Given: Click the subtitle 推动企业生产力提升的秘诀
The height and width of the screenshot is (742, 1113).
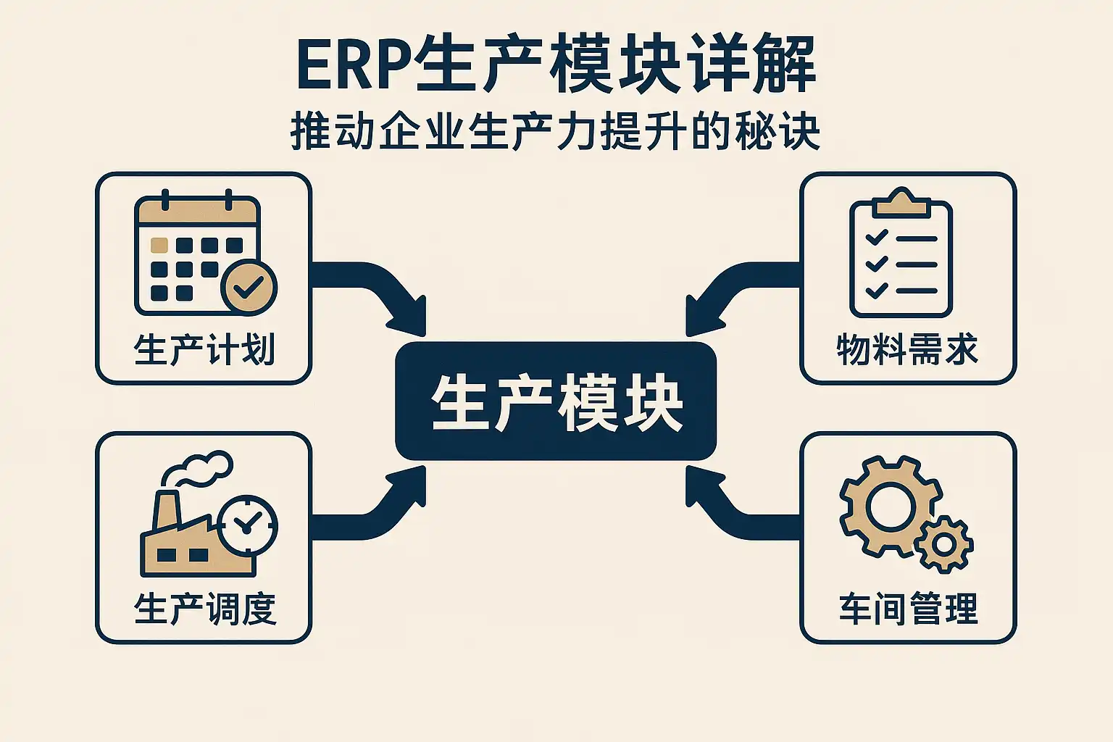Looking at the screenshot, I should pos(555,132).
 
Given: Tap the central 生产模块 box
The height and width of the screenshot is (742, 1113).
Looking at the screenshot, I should pos(556,401).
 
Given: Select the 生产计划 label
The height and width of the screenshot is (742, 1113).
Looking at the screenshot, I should pos(204,350).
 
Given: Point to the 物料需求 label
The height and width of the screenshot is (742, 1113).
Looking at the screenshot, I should pos(907,350).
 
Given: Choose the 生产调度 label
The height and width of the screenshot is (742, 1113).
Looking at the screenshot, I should pos(204,609).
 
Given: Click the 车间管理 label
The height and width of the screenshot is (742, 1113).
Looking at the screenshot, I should pos(908,609).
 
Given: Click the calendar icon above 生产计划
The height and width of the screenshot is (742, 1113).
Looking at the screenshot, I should pos(196,254).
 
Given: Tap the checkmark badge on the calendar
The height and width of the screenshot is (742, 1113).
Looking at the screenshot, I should pos(249,287).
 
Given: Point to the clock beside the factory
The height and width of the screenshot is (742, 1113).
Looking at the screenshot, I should pos(247,525).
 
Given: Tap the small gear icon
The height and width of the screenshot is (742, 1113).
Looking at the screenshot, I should pos(944,543).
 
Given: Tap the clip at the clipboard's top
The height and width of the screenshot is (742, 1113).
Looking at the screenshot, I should pos(901,203).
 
